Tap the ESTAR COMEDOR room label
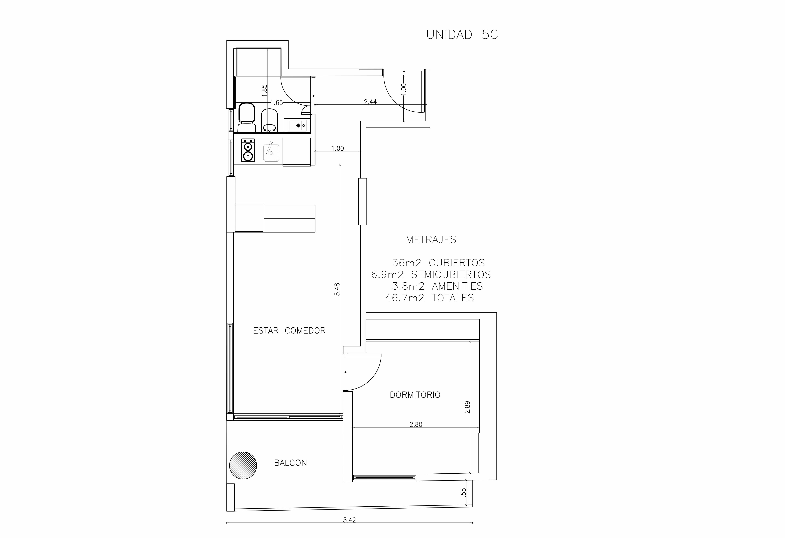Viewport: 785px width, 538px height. pyautogui.click(x=289, y=331)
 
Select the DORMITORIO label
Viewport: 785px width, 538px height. pyautogui.click(x=415, y=395)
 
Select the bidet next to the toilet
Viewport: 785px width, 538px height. pyautogui.click(x=269, y=121)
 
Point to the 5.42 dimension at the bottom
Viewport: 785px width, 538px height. pyautogui.click(x=349, y=520)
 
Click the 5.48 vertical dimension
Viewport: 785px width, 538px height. pyautogui.click(x=337, y=289)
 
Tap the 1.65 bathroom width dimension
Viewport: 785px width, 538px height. pyautogui.click(x=277, y=103)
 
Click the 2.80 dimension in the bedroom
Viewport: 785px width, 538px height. pyautogui.click(x=416, y=425)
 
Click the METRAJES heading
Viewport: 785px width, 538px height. pyautogui.click(x=431, y=240)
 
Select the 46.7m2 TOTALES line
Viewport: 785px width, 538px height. pyautogui.click(x=429, y=298)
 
